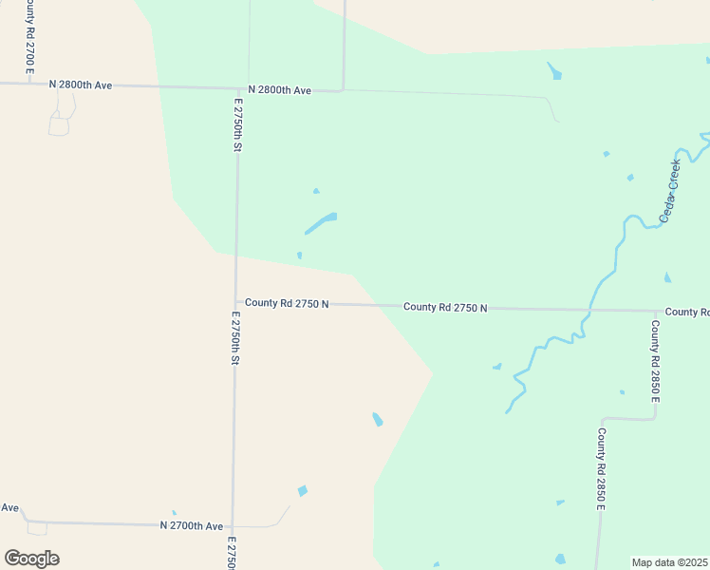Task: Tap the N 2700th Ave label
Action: pyautogui.click(x=191, y=525)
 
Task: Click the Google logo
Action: pyautogui.click(x=31, y=559)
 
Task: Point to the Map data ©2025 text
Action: pyautogui.click(x=670, y=562)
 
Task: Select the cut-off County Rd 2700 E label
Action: pyautogui.click(x=30, y=38)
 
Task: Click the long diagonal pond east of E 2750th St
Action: pyautogui.click(x=320, y=224)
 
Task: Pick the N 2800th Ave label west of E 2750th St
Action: pyautogui.click(x=81, y=85)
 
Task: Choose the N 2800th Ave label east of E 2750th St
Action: pyautogui.click(x=280, y=90)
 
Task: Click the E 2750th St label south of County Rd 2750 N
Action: pyautogui.click(x=234, y=336)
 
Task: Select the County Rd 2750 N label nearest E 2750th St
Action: pyautogui.click(x=287, y=303)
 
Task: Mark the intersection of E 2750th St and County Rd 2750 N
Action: pyautogui.click(x=235, y=303)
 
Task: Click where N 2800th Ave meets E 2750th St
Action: pyautogui.click(x=237, y=88)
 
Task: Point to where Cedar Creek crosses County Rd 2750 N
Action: pyautogui.click(x=590, y=310)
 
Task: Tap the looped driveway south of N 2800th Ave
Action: pyautogui.click(x=60, y=120)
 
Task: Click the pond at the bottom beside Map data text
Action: pyautogui.click(x=560, y=559)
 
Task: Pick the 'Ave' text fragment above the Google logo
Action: pyautogui.click(x=9, y=507)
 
